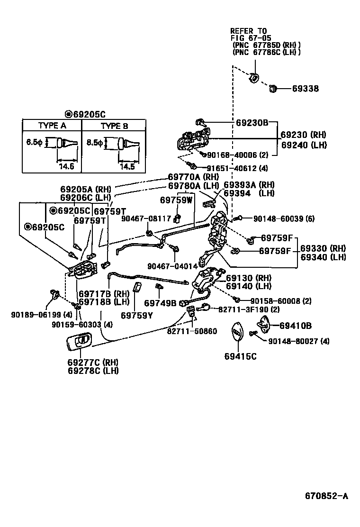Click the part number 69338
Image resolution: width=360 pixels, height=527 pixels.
point(305,89)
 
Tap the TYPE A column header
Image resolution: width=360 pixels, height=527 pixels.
point(52,126)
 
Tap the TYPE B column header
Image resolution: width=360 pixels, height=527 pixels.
point(114,126)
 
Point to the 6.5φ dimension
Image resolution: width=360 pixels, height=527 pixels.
point(34,142)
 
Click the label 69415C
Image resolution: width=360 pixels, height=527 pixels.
point(240,356)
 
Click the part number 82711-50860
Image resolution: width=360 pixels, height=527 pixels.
point(192,331)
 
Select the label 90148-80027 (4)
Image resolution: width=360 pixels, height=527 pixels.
point(299,341)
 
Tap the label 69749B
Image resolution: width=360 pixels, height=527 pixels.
point(160,303)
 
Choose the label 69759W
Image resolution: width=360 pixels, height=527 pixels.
point(176,200)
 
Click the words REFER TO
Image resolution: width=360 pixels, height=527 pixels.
point(249,31)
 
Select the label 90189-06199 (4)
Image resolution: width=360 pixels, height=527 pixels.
point(36,314)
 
